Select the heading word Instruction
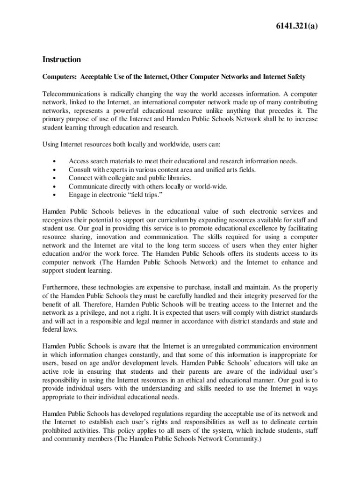pyautogui.click(x=62, y=59)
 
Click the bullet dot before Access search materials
pyautogui.click(x=56, y=161)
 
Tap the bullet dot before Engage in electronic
pyautogui.click(x=56, y=195)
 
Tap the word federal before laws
pyautogui.click(x=52, y=329)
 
